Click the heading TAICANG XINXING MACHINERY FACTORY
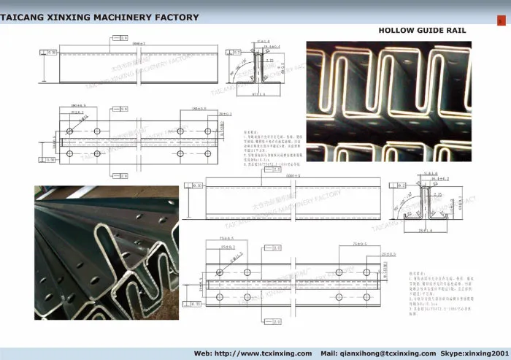click(x=99, y=16)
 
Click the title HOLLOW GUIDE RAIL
click(x=422, y=31)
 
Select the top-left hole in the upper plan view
click(x=69, y=130)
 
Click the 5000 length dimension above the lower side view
click(x=292, y=177)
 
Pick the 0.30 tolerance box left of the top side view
click(x=50, y=53)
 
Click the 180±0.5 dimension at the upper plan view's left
click(x=78, y=106)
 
